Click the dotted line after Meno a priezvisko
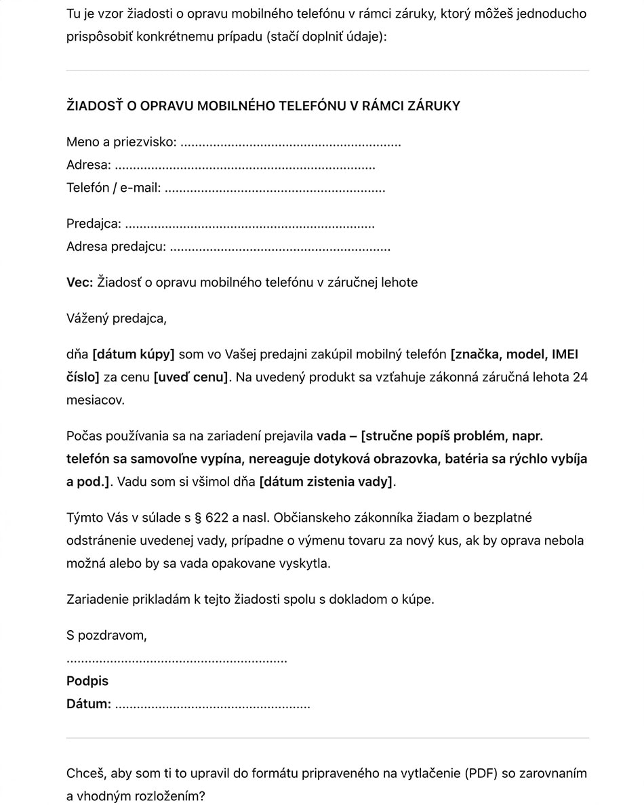pos(291,143)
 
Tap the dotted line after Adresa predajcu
pos(279,247)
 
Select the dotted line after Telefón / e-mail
pos(275,188)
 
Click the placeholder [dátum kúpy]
pos(133,354)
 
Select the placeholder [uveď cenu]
pos(191,377)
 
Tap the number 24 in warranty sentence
pos(580,377)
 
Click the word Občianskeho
pos(309,518)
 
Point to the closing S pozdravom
pos(106,636)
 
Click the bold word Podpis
pos(87,681)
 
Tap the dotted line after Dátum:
pos(212,705)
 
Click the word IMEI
pos(565,354)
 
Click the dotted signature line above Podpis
pos(176,659)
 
